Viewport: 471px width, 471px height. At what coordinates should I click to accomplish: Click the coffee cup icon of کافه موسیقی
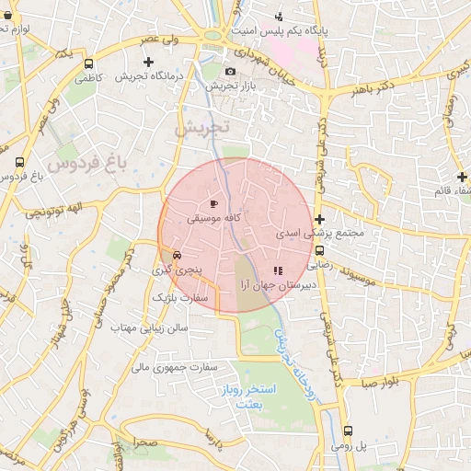214,203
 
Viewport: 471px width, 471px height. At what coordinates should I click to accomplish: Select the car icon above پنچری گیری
176,255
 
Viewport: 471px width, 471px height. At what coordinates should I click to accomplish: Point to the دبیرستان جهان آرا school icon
278,270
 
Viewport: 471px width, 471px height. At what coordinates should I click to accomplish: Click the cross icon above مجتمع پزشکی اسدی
319,219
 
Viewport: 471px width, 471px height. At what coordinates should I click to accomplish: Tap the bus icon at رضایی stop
319,249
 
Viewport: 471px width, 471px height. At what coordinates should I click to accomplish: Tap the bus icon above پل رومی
348,431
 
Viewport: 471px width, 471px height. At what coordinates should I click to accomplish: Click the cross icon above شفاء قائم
462,177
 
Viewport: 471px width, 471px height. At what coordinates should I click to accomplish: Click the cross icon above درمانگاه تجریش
149,62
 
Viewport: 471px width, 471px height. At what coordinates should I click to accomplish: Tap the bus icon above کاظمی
88,64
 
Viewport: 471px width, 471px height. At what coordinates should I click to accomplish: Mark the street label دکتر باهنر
373,90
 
